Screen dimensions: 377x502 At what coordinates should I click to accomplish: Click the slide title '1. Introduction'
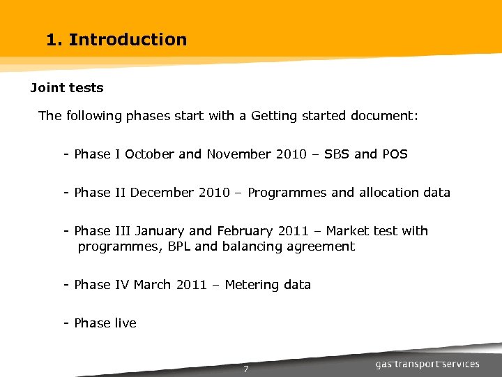point(116,40)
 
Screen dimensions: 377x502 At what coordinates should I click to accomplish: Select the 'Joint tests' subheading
point(67,88)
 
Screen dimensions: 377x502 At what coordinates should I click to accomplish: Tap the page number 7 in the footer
point(246,369)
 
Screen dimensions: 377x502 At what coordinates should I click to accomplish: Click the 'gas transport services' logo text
point(427,364)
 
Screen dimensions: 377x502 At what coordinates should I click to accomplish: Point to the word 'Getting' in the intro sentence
point(274,116)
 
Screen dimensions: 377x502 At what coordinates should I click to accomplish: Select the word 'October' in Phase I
point(150,154)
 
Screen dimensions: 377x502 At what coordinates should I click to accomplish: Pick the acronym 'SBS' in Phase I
point(335,154)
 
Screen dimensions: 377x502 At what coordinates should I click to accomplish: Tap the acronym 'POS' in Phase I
point(394,154)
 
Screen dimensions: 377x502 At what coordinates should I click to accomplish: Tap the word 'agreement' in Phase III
point(322,246)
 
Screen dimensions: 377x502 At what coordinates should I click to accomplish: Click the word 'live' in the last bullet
point(125,323)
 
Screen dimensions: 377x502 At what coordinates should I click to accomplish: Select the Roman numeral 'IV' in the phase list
point(122,285)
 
